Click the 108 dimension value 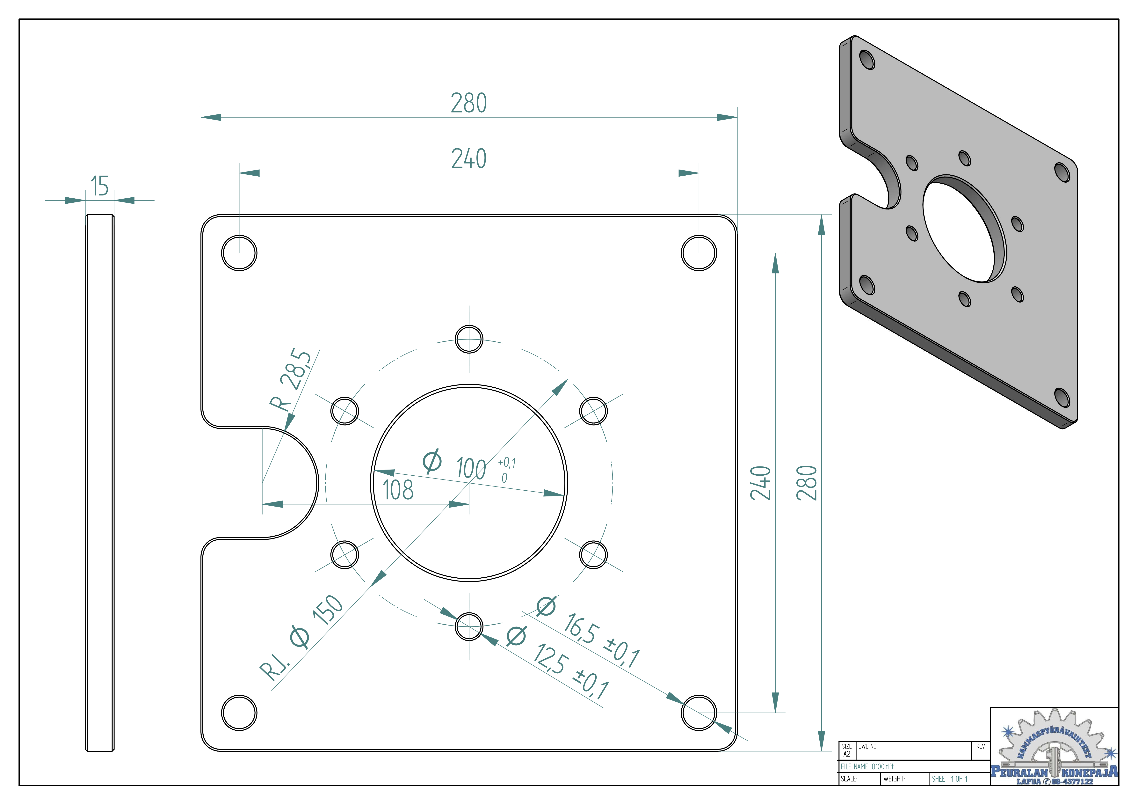pos(397,490)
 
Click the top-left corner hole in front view pos(239,253)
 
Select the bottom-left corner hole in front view pos(239,713)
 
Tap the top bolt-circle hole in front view pos(469,339)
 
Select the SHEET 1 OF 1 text pos(949,779)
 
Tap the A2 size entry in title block pos(847,754)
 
